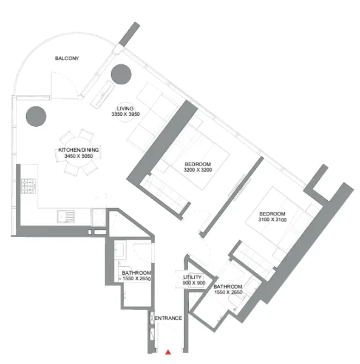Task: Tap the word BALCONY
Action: [67, 58]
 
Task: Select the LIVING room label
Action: [125, 108]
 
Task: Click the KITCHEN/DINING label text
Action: [79, 150]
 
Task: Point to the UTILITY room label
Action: [193, 278]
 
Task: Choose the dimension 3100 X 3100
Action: [272, 220]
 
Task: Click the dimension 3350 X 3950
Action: [126, 115]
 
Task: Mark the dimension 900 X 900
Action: [194, 284]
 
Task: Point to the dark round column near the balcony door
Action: [120, 73]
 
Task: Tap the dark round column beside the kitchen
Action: [35, 115]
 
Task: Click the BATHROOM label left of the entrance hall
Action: [136, 274]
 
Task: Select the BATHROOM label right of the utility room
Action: [228, 287]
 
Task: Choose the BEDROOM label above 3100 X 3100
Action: [272, 214]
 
